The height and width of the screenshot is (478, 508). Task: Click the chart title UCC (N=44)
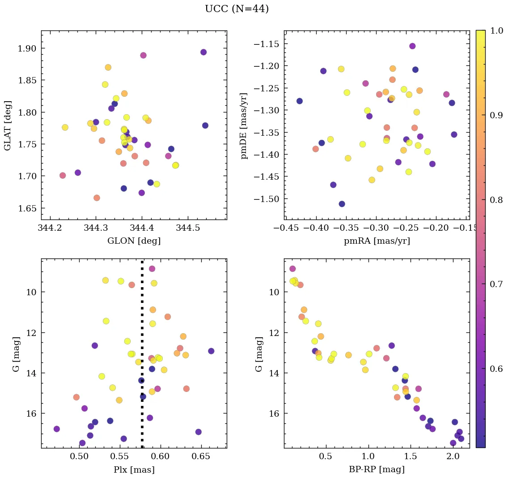(237, 9)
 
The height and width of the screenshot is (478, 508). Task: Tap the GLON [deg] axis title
(134, 241)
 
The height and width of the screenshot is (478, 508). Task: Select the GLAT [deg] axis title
(8, 125)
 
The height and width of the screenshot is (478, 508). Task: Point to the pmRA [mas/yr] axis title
(377, 241)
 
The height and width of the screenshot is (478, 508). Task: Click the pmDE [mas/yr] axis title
(244, 125)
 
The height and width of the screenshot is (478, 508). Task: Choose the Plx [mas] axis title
(134, 469)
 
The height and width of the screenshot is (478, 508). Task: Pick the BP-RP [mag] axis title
(377, 469)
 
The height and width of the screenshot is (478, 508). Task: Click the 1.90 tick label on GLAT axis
(26, 48)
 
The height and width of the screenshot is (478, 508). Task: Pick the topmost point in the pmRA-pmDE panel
(412, 46)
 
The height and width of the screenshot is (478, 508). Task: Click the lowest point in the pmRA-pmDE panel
(342, 204)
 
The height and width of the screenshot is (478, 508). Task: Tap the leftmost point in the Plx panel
(56, 429)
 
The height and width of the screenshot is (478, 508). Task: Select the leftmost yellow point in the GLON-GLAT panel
(65, 127)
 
